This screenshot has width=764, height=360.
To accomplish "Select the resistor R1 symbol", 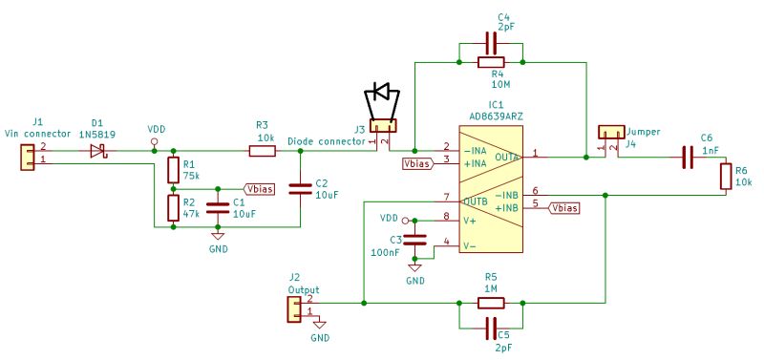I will coord(173,170).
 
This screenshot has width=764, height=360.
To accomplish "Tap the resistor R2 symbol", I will coord(173,208).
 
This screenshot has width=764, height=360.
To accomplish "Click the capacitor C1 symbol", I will coord(219,206).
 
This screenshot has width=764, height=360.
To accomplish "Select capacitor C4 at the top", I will coord(491,43).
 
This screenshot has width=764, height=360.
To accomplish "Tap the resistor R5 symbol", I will coord(491,304).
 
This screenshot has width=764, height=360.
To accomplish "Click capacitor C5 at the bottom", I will coord(491,328).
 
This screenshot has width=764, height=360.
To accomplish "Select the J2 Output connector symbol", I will coord(295,308).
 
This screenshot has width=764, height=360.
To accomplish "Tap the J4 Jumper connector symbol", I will coord(608,131).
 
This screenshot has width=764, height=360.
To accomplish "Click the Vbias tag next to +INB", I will coord(564,207).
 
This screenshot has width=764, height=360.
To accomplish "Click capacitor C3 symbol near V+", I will coord(414,238).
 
